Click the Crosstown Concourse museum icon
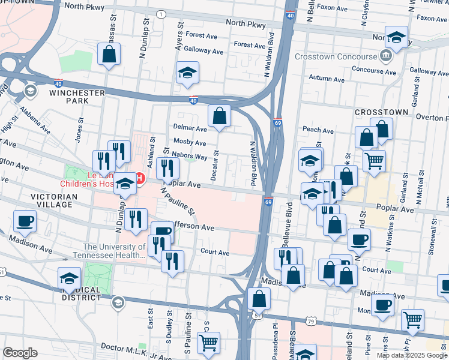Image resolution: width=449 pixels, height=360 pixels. coord(384,58)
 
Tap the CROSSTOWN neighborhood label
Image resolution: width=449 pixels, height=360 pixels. coord(381,112)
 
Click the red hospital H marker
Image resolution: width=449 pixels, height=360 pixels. coord(140,179)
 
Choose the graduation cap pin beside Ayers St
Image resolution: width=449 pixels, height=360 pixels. coord(188,73)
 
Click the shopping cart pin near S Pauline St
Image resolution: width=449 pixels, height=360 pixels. coord(208,343)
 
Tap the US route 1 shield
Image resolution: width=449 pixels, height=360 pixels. coord(161,14)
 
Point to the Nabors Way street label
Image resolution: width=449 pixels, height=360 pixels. coord(189,156)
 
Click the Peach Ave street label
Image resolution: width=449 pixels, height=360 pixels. coord(318,130)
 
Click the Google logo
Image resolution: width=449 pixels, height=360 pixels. coord(20,353)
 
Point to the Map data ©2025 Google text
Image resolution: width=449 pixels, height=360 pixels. coord(411,355)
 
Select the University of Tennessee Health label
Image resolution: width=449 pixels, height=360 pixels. coord(114,251)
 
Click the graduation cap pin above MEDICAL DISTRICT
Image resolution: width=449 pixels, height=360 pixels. coord(69,277)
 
